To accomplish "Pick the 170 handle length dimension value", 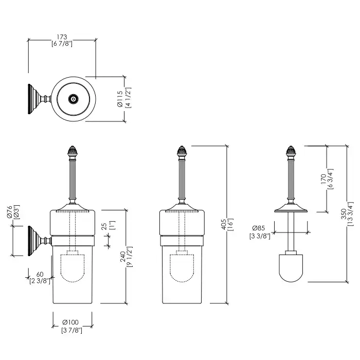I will [x=323, y=178].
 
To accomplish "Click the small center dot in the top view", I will [x=73, y=98].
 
